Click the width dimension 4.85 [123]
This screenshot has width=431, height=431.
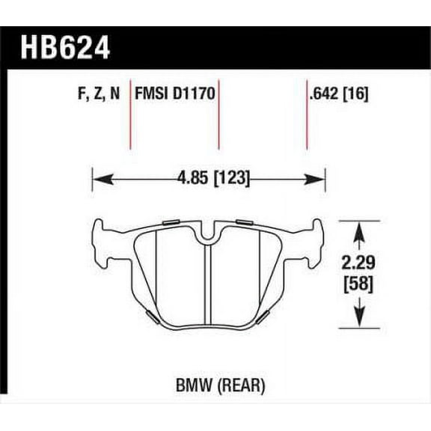[x=213, y=179]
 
